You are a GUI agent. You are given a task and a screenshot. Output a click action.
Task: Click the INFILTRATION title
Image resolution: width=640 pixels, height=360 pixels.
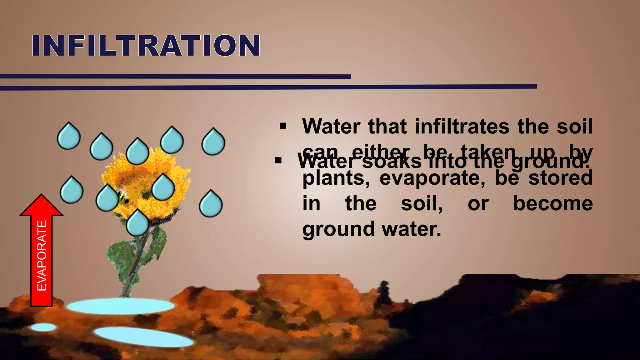tap(146, 46)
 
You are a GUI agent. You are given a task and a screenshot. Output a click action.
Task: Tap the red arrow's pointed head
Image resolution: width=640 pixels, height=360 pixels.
tap(42, 206)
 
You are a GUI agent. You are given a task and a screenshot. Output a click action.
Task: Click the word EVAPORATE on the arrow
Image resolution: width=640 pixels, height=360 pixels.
tap(42, 256)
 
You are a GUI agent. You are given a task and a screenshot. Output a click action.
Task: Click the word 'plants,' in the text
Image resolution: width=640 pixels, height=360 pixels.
tap(336, 178)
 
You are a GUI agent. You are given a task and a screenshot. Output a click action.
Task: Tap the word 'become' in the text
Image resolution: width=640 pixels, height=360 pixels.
tap(553, 204)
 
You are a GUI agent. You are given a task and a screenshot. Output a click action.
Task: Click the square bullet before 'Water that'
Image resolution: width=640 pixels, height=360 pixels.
tap(283, 127)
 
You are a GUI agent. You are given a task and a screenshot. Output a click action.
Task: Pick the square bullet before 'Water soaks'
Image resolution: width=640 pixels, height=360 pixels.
tap(278, 161)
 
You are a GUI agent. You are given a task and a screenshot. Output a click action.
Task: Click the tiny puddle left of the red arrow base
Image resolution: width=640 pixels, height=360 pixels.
tap(43, 327)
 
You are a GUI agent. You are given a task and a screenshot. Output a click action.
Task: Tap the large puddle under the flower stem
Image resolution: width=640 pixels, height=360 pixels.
tap(121, 306)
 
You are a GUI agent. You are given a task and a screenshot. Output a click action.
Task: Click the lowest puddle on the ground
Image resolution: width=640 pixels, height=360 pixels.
tap(144, 337)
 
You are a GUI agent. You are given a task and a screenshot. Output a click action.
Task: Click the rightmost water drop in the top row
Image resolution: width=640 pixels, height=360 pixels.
tap(213, 142)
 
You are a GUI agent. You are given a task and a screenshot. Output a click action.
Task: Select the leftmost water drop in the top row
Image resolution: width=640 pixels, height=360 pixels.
tap(69, 136)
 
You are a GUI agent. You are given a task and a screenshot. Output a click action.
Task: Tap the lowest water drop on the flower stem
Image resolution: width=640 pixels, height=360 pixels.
tap(137, 222)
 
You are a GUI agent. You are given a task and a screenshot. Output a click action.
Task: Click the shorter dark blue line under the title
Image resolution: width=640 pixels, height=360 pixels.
tap(175, 77)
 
